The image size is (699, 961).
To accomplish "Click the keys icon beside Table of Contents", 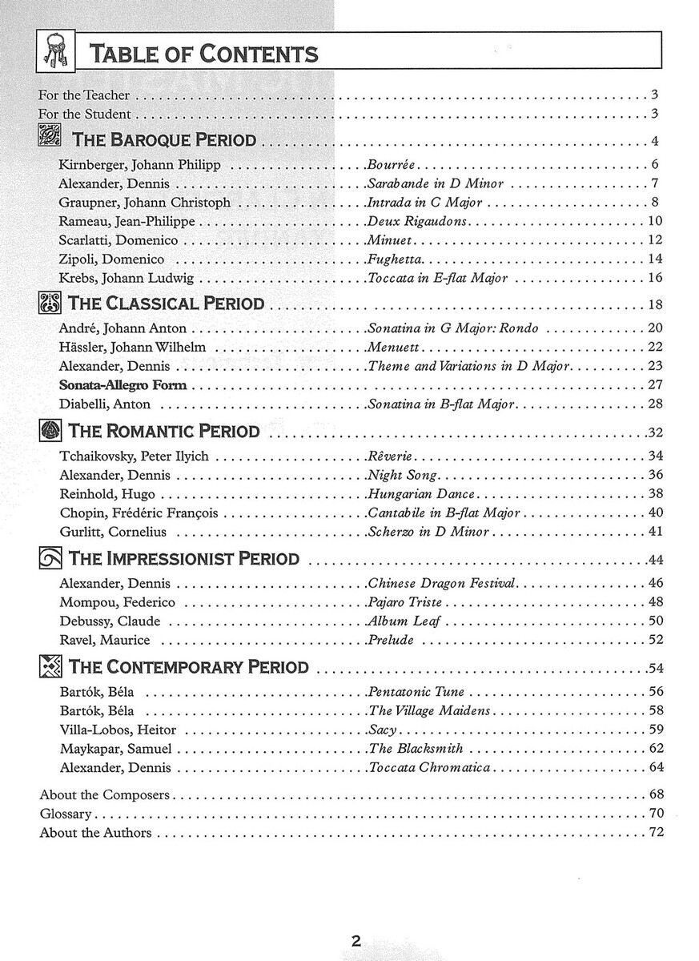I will [55, 53].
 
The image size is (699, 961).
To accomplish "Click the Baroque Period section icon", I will [50, 138].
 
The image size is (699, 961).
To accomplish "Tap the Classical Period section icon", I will [50, 304].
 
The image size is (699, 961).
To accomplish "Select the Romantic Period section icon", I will [50, 431].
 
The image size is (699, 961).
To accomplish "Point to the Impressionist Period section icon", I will [50, 558].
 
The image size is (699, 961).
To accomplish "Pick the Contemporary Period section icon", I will [50, 666].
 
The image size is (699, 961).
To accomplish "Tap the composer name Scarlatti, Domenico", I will [119, 240].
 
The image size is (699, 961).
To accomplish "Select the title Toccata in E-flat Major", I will [438, 278].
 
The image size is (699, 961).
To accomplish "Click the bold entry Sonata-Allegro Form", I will [123, 385].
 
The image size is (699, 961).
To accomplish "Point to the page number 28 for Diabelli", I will [656, 404].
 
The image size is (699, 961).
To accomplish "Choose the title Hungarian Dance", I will [421, 494].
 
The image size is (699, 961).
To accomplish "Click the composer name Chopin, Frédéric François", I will [139, 513].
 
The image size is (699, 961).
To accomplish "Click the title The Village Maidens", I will [429, 711].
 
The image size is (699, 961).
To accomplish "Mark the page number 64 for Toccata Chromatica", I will [656, 767].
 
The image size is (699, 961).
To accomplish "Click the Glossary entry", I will [66, 814].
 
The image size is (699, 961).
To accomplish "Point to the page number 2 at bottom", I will [356, 941].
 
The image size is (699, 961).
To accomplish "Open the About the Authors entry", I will [95, 833].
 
